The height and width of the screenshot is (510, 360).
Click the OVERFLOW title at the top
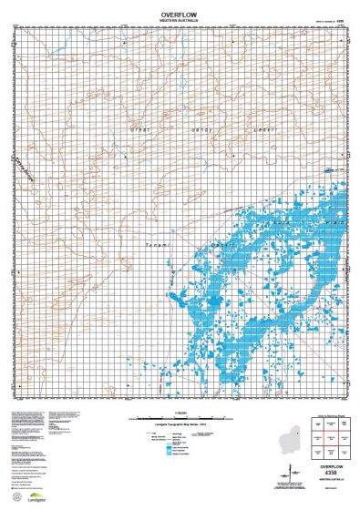[179, 15]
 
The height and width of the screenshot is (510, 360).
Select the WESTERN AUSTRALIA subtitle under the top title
[179, 22]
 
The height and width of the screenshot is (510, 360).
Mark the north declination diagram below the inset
[290, 472]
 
